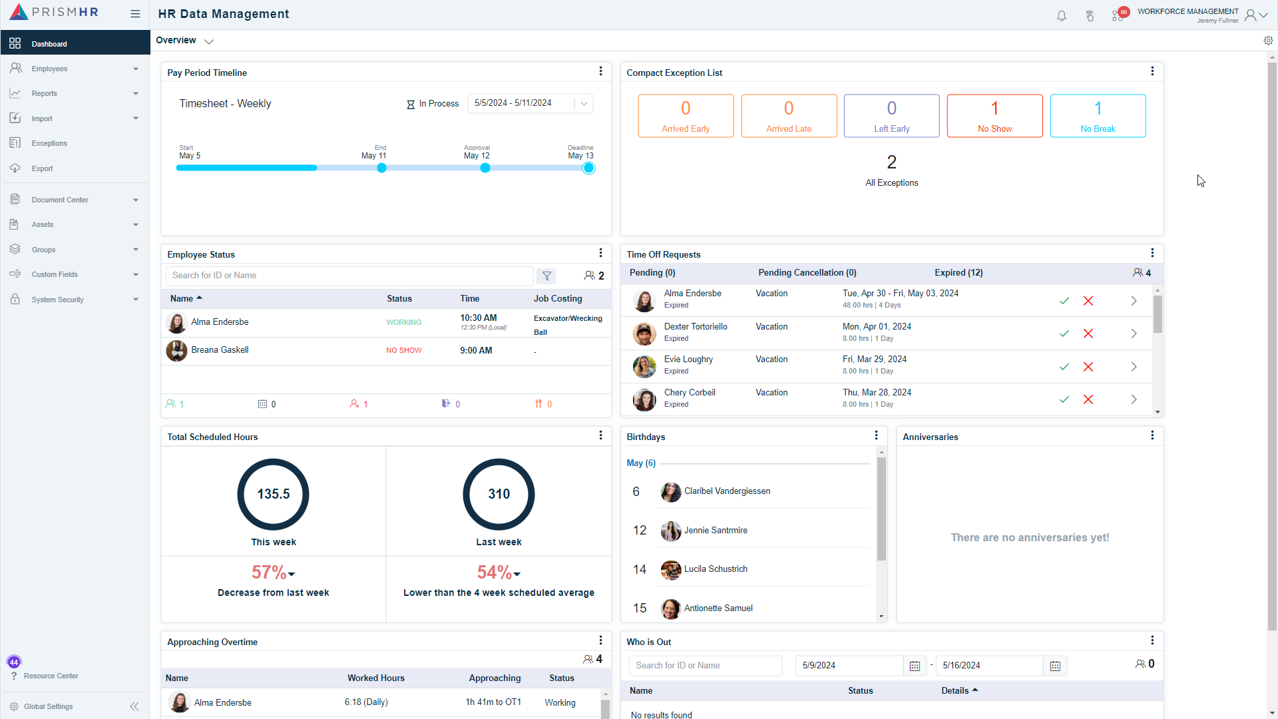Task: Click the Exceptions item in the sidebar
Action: [49, 143]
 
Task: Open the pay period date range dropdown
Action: [584, 103]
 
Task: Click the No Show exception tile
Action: [994, 116]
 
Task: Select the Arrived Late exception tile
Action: [788, 116]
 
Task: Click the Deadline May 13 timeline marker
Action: [588, 168]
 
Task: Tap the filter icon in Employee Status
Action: [546, 276]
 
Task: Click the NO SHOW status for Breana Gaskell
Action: [403, 350]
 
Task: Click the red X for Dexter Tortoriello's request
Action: [1088, 334]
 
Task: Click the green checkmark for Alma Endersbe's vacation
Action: [1064, 301]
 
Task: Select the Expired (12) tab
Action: [958, 272]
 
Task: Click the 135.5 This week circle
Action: [273, 494]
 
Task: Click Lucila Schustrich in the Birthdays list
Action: [716, 569]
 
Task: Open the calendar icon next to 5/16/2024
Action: [1055, 666]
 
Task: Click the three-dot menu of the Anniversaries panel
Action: [1152, 435]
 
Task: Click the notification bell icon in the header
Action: [1062, 16]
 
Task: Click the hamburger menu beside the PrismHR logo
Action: [135, 13]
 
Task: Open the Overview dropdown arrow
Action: [209, 41]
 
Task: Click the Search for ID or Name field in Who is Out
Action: [705, 666]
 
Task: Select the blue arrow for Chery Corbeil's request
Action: [1134, 399]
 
